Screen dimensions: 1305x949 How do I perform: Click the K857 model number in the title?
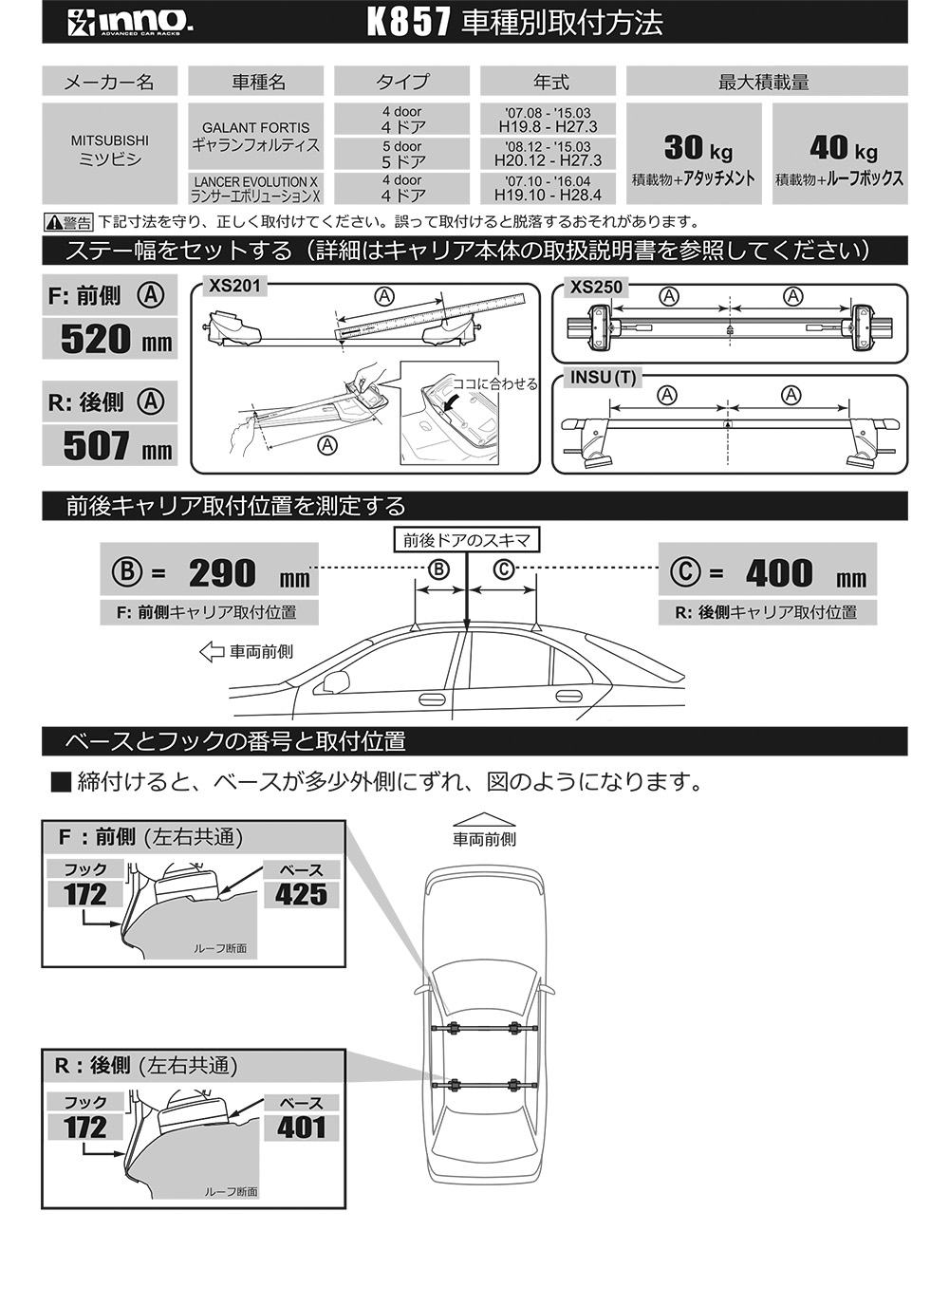407,23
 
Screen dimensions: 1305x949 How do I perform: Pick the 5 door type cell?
402,154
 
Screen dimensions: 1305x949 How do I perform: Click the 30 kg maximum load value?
698,147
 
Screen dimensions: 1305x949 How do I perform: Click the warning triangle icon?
53,223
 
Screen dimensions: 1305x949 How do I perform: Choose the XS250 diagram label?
596,287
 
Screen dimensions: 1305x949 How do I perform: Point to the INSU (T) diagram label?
603,377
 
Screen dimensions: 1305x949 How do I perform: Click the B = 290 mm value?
222,572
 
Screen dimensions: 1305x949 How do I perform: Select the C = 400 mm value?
780,572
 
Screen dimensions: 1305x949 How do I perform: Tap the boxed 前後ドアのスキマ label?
466,540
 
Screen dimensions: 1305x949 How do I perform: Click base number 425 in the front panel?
301,894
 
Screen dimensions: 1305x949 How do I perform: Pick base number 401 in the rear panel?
301,1128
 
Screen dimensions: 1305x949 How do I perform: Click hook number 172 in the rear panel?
85,1128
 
